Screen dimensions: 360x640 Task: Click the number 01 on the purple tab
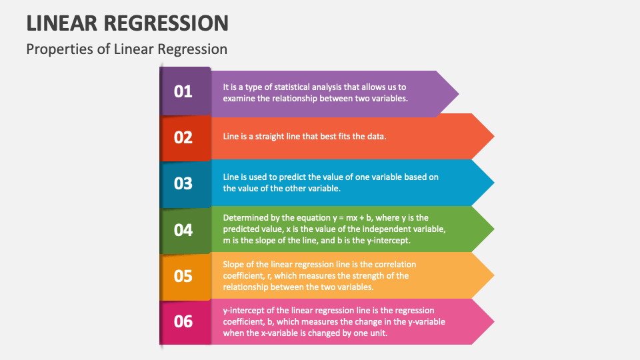183,91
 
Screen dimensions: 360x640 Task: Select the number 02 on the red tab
183,137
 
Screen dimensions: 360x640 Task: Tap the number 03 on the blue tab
183,183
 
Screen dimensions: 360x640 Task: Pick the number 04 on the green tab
183,230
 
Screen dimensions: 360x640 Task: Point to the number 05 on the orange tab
183,275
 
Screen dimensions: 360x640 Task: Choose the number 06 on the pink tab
183,321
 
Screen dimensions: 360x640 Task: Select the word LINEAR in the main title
61,23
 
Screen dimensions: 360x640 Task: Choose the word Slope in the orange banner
234,263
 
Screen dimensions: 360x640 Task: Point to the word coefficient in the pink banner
245,321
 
